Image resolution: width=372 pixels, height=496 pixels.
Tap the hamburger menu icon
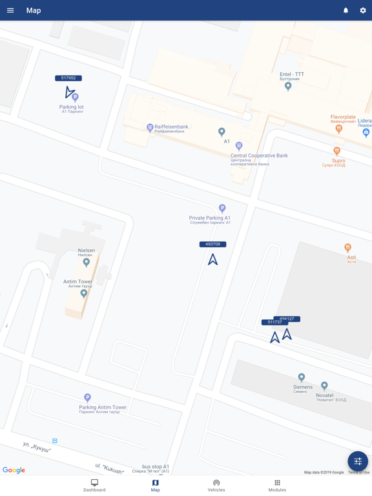pos(10,10)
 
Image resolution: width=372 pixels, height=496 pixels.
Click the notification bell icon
pos(346,10)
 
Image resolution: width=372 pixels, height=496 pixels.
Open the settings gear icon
pos(363,10)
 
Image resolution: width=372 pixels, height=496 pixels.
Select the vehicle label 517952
pos(68,78)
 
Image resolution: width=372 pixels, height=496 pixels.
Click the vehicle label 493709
pos(212,244)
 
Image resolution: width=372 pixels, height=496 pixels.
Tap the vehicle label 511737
pos(273,322)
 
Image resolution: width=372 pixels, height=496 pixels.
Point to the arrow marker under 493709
pos(212,260)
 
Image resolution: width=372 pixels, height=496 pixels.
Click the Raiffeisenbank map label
pos(171,127)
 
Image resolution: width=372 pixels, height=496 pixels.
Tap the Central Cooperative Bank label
pos(259,156)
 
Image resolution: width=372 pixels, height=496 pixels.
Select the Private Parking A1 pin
pos(222,209)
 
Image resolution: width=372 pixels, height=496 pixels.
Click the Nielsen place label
pos(86,251)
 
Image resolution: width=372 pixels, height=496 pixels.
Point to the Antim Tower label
pos(77,282)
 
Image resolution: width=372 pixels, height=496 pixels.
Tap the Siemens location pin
pos(301,377)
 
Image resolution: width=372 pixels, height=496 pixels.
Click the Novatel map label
pos(325,395)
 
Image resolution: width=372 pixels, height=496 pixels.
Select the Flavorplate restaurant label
pos(343,118)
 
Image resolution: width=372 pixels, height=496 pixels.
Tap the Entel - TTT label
pos(292,74)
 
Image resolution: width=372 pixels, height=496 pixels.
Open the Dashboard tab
pos(94,486)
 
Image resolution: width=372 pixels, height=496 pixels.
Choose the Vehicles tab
pos(216,486)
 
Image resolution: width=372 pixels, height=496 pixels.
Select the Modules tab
pos(277,486)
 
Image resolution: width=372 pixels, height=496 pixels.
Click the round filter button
pos(358,461)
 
